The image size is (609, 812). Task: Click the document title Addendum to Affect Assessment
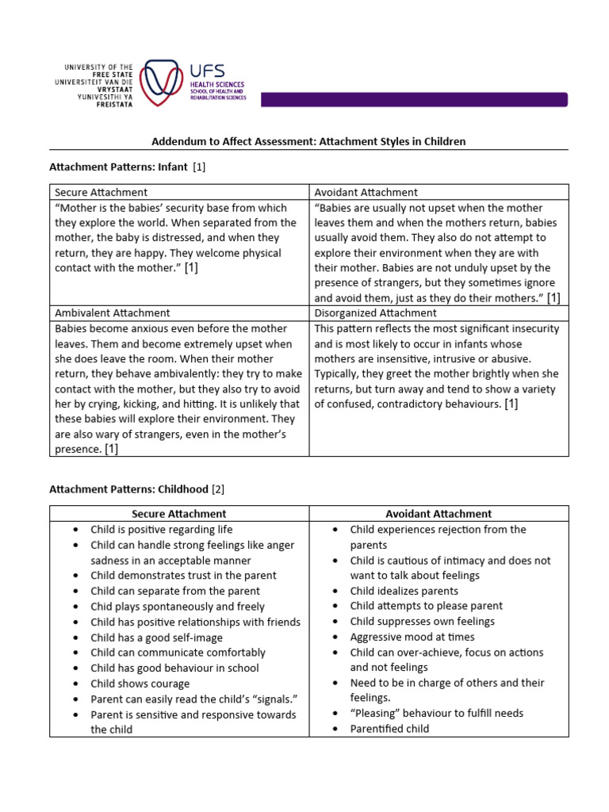[x=308, y=141]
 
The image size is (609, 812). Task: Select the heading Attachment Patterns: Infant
[x=119, y=167]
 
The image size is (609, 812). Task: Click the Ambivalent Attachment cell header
[x=112, y=313]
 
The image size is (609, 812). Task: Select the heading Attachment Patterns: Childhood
[x=129, y=489]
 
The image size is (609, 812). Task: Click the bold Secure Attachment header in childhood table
[x=178, y=514]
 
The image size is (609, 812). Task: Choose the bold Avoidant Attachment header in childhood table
[x=439, y=514]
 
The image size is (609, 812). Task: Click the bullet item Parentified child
[x=389, y=729]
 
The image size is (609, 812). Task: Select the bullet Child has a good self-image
[x=156, y=638]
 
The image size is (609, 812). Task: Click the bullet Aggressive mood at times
[x=412, y=637]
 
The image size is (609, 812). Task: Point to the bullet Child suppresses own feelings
[x=422, y=622]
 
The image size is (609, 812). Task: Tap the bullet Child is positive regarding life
[x=161, y=530]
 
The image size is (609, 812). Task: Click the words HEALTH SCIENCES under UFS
[x=216, y=84]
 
